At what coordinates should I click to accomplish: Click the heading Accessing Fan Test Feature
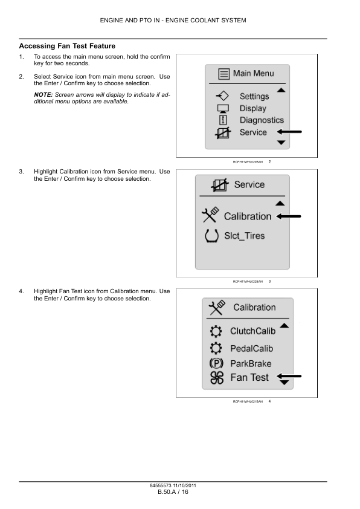67,46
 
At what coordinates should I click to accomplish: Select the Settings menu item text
254,96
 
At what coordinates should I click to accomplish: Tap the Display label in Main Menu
253,108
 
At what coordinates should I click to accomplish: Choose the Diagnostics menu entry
262,120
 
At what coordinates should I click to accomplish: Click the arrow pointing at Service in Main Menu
289,132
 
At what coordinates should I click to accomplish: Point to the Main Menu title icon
223,74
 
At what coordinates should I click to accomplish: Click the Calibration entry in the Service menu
248,216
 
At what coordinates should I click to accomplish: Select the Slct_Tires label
245,236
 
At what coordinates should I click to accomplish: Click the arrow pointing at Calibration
289,216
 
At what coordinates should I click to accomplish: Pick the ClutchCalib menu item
252,331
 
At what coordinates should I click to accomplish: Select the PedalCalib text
252,349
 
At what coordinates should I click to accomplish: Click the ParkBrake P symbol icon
216,363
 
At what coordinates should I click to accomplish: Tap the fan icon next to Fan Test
217,378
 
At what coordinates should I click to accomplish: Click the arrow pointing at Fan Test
289,376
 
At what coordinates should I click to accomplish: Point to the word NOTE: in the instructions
43,95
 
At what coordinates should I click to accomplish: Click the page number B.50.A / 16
173,492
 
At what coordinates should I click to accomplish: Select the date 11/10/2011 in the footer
185,485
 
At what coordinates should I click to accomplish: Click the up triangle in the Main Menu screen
281,90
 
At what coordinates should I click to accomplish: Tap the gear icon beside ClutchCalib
216,331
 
